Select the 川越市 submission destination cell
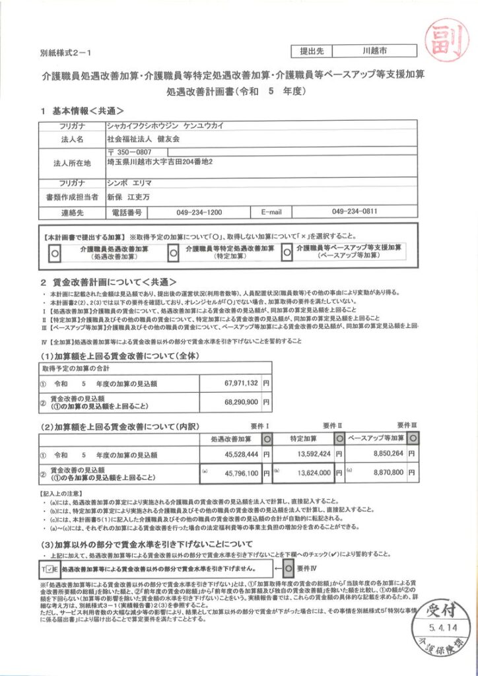point(374,50)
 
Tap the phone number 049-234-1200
point(199,213)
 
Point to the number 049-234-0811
point(354,212)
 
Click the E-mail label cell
point(271,213)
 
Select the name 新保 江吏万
point(129,196)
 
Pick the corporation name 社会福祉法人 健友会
point(143,140)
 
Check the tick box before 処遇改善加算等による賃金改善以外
point(53,568)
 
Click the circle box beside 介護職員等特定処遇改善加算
point(174,252)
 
